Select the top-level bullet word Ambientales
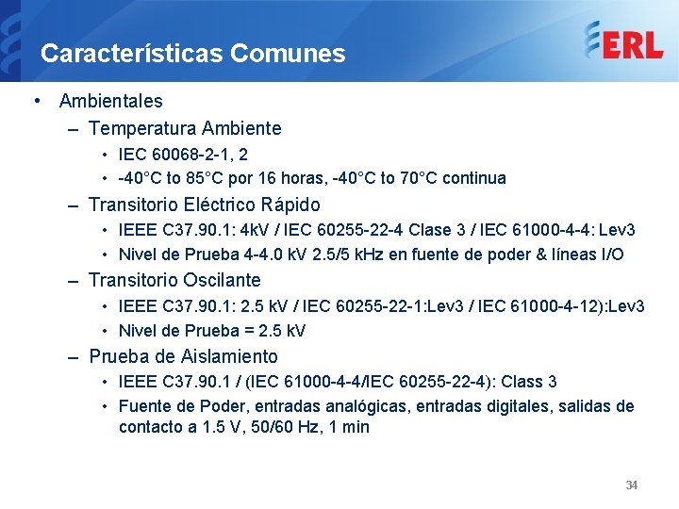[x=110, y=101]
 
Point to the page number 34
[x=632, y=485]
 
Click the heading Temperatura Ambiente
[x=185, y=128]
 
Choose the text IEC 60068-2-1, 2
[x=183, y=154]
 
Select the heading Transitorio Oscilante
[x=174, y=281]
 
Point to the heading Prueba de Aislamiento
[x=183, y=357]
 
